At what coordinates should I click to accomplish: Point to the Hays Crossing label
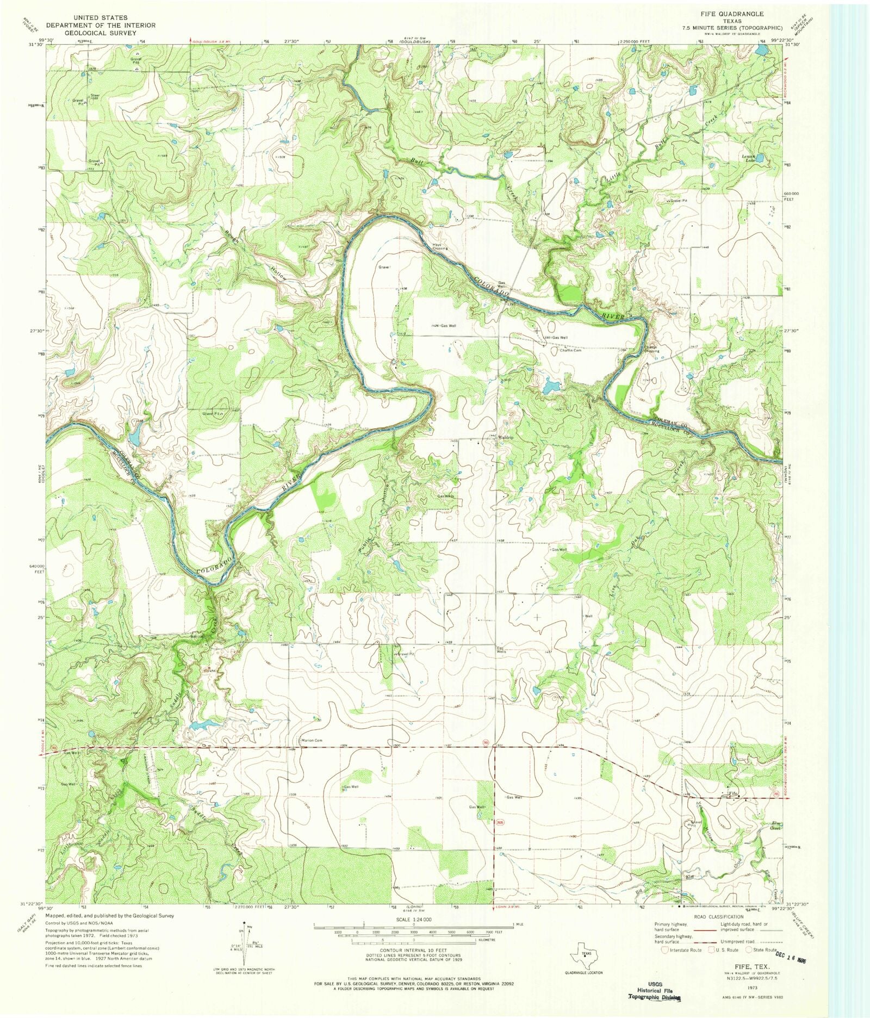[x=439, y=246]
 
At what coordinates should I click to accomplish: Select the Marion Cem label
[x=312, y=740]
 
